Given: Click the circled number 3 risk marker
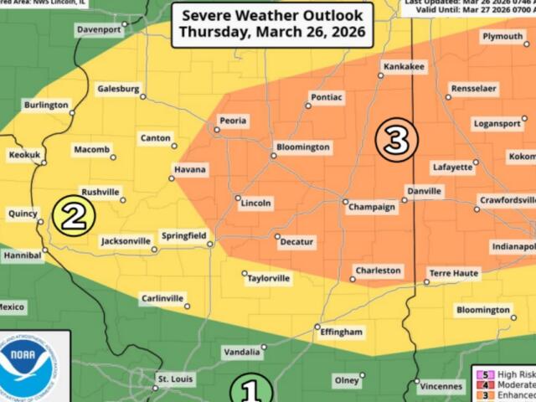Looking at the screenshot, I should [x=396, y=139].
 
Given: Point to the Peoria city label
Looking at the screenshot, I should [x=233, y=121].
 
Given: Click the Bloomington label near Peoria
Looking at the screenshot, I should [x=304, y=147].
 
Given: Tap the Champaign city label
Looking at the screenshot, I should [x=373, y=207].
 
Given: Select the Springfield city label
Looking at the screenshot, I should [x=183, y=237].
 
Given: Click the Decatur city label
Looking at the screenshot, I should [x=296, y=242].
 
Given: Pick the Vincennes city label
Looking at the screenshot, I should [x=441, y=386].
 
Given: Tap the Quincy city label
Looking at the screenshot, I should [x=23, y=214].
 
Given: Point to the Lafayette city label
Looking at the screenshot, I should [x=453, y=167].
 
